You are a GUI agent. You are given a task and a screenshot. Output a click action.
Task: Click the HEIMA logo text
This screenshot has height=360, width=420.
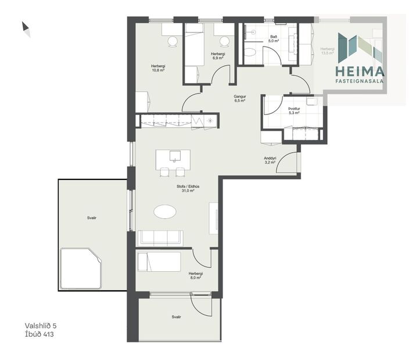(x=360, y=71)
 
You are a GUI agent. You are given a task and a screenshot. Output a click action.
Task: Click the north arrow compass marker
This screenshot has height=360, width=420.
(x=26, y=27)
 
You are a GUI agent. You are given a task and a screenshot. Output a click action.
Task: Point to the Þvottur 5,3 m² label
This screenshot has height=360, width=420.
(x=293, y=111)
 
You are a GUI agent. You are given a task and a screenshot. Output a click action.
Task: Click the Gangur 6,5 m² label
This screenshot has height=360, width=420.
(x=239, y=98)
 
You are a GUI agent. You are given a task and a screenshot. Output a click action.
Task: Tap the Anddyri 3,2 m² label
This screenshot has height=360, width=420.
(x=270, y=160)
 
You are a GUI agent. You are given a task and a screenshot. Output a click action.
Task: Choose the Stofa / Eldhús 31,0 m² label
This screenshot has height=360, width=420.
(x=188, y=189)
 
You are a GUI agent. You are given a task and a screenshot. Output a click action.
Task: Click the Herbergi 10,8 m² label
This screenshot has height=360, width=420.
(x=158, y=69)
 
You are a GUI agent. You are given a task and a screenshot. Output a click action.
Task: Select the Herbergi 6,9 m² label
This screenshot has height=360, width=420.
(x=218, y=56)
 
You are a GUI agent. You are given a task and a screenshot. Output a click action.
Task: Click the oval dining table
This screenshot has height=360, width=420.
(x=167, y=212)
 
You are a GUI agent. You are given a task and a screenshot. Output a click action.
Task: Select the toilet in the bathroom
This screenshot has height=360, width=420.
(x=250, y=54)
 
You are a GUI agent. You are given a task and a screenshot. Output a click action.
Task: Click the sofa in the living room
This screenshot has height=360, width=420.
(x=160, y=238)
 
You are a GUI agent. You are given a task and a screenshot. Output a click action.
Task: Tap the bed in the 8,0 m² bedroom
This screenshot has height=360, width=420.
(x=159, y=261)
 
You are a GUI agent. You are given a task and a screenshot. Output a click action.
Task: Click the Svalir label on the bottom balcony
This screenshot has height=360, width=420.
(x=176, y=317)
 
